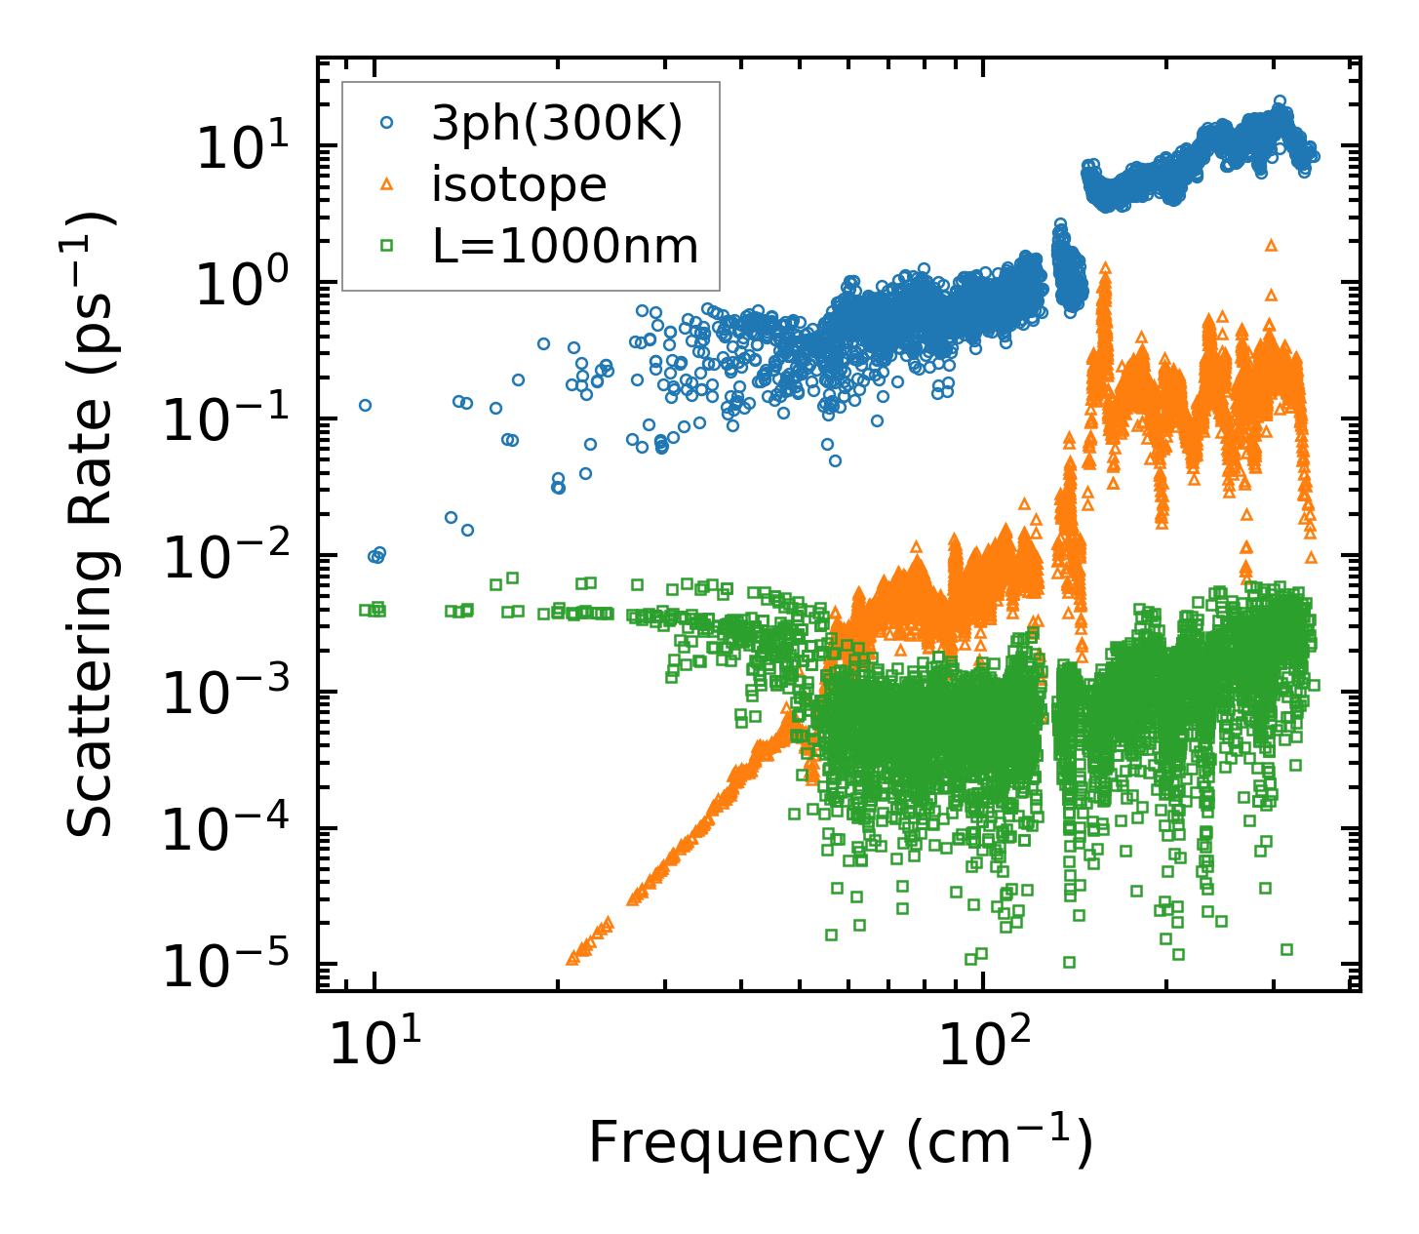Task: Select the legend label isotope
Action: (519, 185)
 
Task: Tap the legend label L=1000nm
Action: (566, 247)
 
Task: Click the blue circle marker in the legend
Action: (386, 124)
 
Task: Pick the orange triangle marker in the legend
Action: (386, 184)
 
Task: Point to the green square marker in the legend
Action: (386, 247)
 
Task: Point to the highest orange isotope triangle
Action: (1270, 246)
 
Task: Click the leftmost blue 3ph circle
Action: (366, 405)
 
